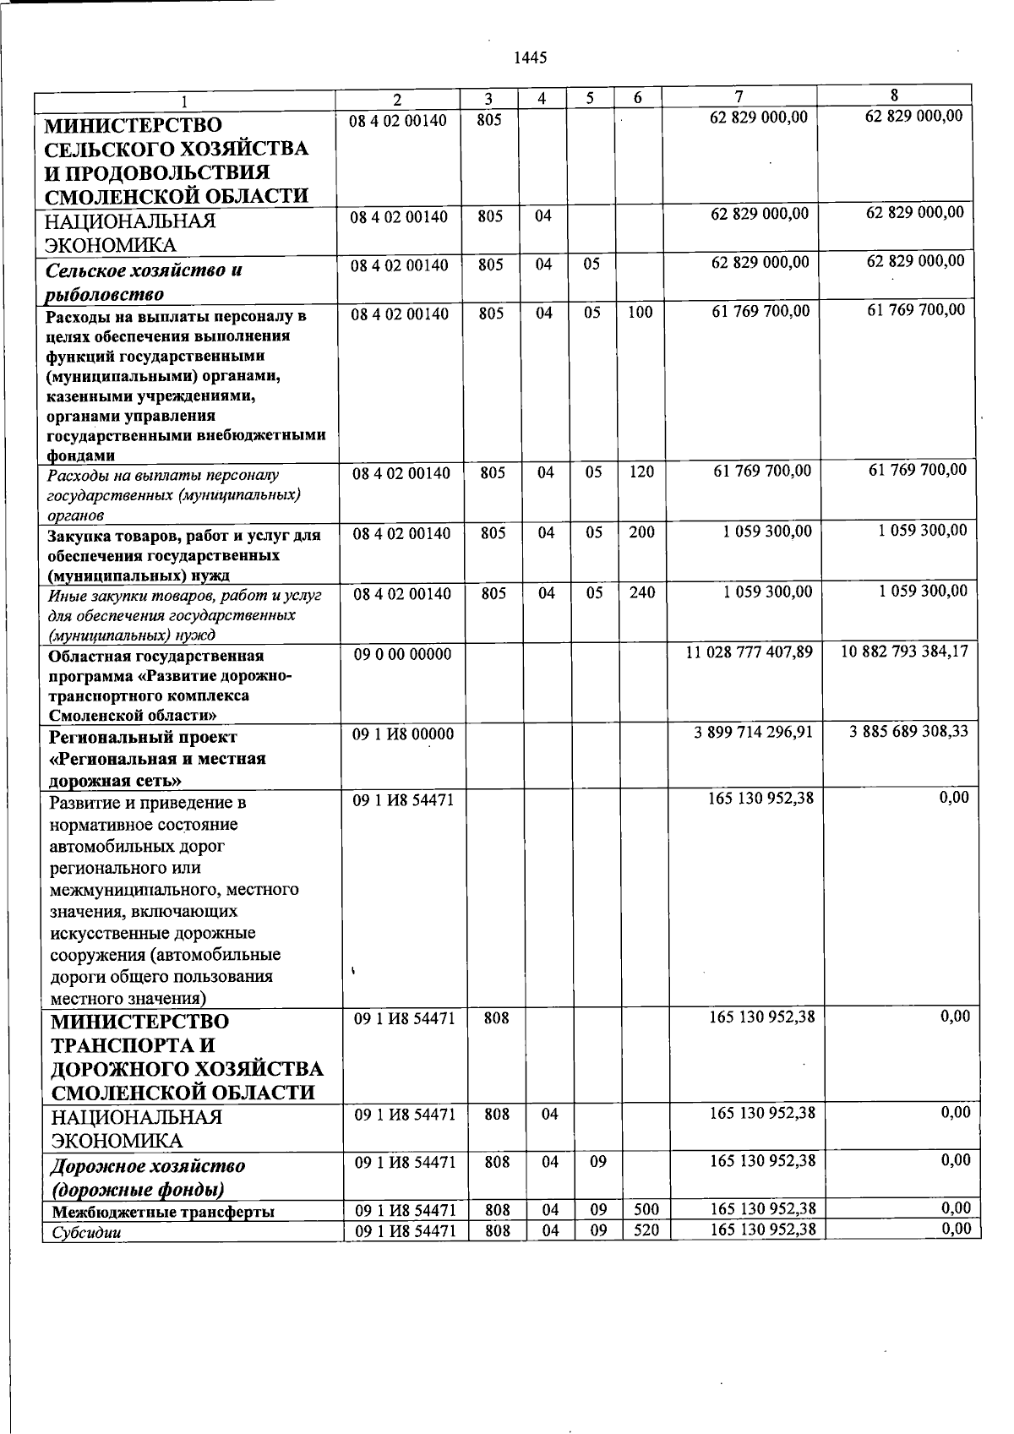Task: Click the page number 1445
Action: (x=531, y=57)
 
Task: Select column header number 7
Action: (x=739, y=97)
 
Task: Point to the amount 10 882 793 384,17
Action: (x=905, y=652)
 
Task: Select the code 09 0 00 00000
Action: (x=402, y=654)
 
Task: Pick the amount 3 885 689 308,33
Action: (x=908, y=731)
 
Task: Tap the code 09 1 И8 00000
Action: (x=403, y=735)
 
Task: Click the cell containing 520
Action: (x=646, y=1230)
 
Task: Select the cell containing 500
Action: (x=646, y=1210)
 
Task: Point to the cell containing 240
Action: (x=642, y=593)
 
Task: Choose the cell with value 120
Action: (x=641, y=472)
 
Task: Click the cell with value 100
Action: (x=641, y=313)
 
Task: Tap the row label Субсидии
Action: (x=85, y=1232)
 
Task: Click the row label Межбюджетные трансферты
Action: (x=162, y=1212)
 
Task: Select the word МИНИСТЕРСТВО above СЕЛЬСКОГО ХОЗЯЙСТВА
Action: (x=133, y=126)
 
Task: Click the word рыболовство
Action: (x=105, y=294)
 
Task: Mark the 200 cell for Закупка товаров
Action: (x=641, y=532)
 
